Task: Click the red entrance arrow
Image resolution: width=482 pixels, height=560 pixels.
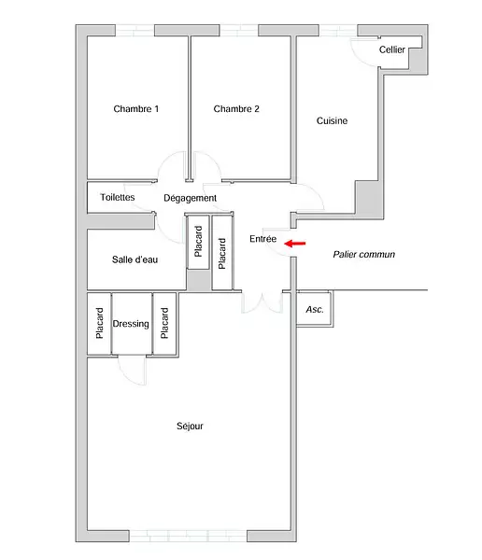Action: click(x=295, y=244)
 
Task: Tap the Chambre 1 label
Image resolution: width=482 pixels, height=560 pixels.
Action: click(x=135, y=109)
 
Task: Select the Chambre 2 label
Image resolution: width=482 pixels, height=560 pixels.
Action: click(x=236, y=109)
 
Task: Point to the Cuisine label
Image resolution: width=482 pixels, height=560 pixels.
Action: click(x=332, y=120)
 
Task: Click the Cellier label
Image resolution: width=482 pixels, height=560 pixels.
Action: click(x=392, y=49)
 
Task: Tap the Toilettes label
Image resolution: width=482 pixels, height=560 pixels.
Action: click(x=118, y=197)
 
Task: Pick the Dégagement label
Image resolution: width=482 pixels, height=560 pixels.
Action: click(x=190, y=198)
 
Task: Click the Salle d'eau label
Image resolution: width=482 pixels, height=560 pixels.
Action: click(x=135, y=259)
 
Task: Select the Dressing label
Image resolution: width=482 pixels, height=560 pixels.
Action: click(x=131, y=324)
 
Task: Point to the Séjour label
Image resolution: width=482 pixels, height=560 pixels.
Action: click(x=190, y=427)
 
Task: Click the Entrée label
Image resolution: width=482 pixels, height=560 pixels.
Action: click(x=262, y=239)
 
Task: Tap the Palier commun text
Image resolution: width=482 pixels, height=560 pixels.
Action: click(x=364, y=254)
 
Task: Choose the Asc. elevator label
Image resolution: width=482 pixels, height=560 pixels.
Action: click(x=315, y=309)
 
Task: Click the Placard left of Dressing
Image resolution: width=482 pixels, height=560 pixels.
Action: click(x=99, y=323)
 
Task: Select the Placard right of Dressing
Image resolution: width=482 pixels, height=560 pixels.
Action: click(x=164, y=323)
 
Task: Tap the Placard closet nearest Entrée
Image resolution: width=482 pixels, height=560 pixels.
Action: click(x=221, y=254)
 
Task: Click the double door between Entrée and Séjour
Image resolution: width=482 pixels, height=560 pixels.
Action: click(x=262, y=302)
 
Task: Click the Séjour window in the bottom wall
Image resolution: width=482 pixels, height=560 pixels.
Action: click(x=188, y=536)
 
